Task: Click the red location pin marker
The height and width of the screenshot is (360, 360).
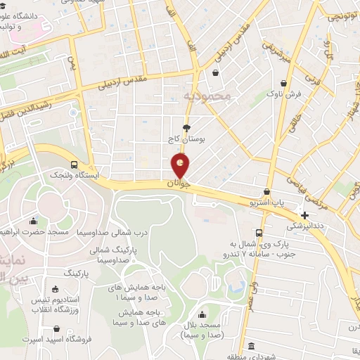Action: coord(181,167)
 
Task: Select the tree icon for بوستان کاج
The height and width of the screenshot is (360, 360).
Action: coord(186,127)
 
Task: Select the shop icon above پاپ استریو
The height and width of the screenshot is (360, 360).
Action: coord(266,192)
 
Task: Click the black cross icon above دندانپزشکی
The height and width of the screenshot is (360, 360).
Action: coord(304,214)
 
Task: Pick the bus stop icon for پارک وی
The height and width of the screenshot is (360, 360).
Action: coord(259,233)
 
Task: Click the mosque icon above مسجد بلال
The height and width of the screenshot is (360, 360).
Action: coord(202,314)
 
